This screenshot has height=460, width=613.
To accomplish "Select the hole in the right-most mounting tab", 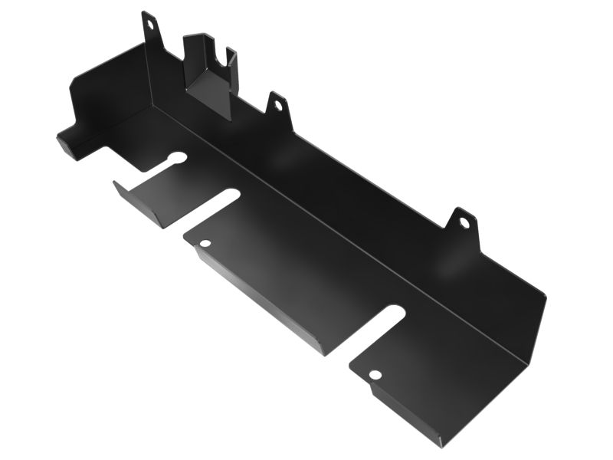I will click(x=464, y=223).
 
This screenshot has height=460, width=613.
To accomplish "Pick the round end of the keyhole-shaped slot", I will click(x=178, y=159).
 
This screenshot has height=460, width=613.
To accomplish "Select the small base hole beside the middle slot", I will click(x=205, y=243).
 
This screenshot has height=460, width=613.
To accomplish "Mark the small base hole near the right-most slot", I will click(x=375, y=375).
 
